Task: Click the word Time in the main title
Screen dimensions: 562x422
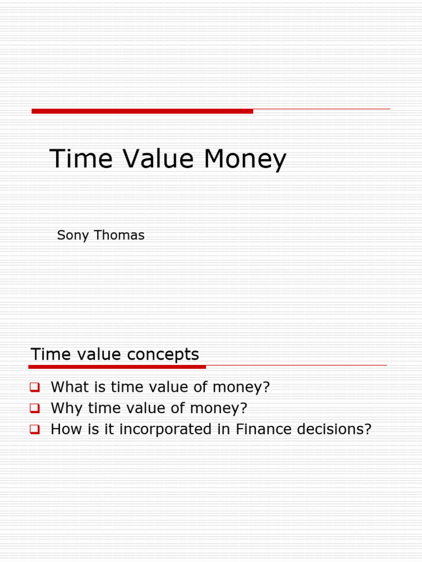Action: pyautogui.click(x=81, y=159)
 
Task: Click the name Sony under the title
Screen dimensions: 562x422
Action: pyautogui.click(x=73, y=236)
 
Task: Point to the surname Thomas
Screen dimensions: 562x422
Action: pyautogui.click(x=119, y=235)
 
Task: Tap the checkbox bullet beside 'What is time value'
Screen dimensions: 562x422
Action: pyautogui.click(x=35, y=387)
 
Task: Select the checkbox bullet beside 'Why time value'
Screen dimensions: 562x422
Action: pyautogui.click(x=35, y=408)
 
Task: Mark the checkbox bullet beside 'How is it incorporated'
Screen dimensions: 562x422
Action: pyautogui.click(x=35, y=430)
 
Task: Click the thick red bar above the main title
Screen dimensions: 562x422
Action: pyautogui.click(x=142, y=111)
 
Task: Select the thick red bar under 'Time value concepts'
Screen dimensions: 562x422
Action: pyautogui.click(x=117, y=366)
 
